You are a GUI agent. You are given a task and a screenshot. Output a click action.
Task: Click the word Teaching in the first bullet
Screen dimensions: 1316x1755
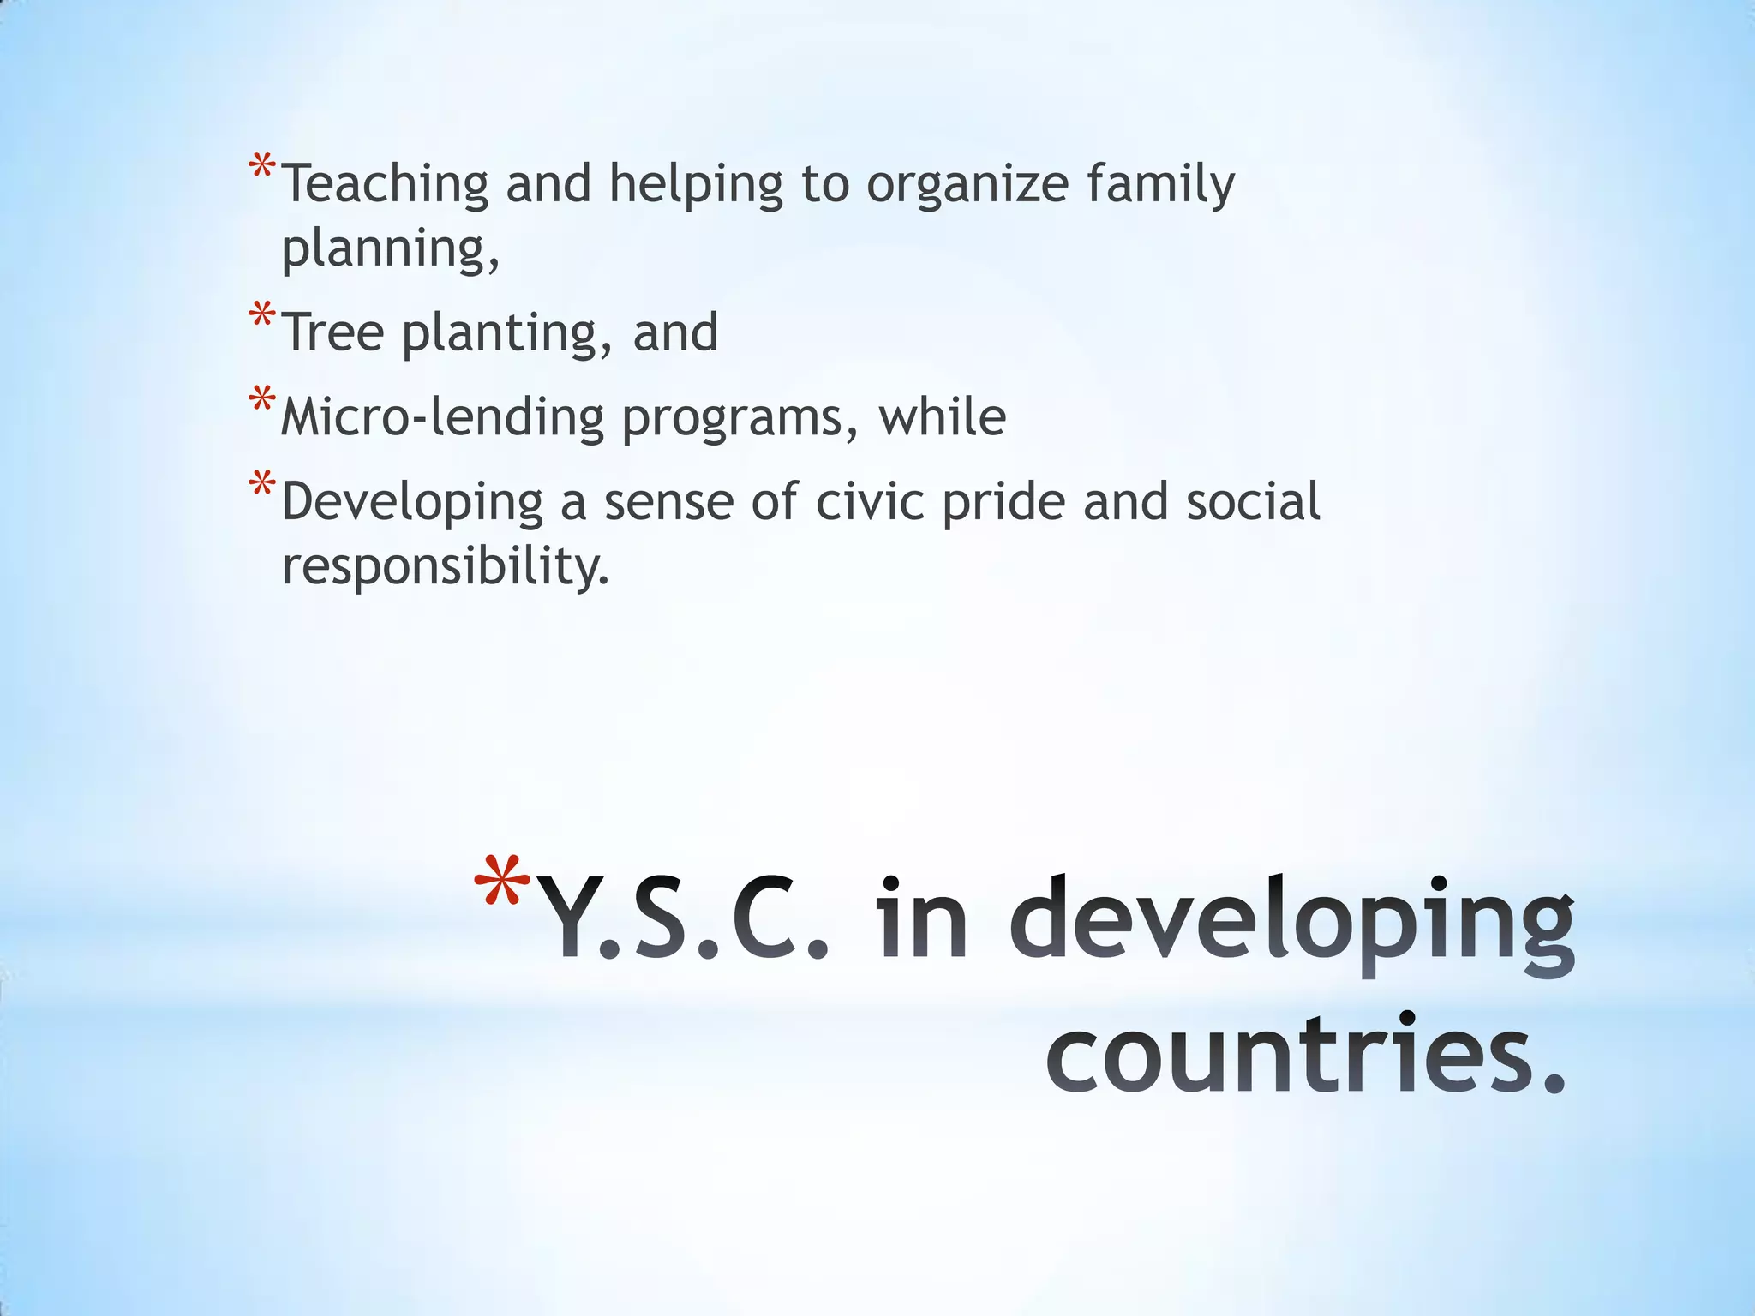click(385, 184)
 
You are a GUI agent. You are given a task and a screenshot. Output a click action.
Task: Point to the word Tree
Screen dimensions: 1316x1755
click(333, 332)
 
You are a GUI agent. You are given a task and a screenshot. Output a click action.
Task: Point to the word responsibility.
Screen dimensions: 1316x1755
click(445, 566)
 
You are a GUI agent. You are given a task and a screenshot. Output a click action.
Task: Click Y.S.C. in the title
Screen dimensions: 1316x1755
click(686, 920)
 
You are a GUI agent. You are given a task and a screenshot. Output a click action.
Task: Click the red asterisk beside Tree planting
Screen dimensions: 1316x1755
click(261, 316)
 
